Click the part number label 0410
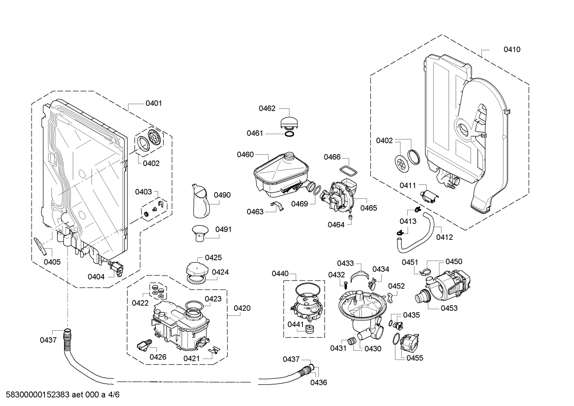click(512, 50)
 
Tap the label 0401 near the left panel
click(154, 104)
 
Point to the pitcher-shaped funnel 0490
click(201, 201)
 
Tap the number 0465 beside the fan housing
click(369, 208)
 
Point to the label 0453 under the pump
click(449, 308)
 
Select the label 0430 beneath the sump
click(373, 349)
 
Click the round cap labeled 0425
click(196, 269)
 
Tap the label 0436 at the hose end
click(318, 382)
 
